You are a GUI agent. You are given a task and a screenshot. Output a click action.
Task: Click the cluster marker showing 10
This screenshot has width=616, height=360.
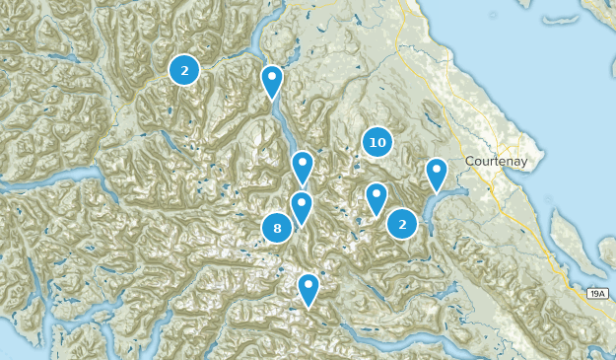376,142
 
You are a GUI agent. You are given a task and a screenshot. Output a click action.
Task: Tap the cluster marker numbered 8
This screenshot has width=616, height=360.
278,229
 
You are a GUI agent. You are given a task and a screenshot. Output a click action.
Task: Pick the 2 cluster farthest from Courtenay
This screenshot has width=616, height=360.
184,69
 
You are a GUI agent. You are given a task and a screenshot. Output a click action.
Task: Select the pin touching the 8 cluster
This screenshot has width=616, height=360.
302,207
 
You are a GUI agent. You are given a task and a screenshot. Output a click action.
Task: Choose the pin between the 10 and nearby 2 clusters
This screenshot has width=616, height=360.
376,198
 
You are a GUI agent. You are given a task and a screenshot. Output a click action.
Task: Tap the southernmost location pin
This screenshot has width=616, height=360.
308,288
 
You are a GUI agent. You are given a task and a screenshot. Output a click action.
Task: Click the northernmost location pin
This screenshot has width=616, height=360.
272,81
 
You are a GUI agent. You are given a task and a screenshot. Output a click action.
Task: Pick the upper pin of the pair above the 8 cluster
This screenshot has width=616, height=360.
303,167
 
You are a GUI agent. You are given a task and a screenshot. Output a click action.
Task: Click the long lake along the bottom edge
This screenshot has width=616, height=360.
394,344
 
